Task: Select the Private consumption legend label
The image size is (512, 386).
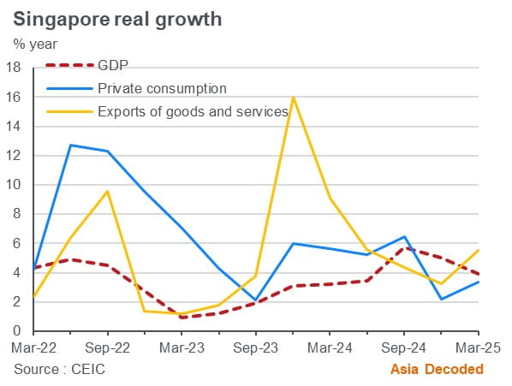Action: [x=161, y=88]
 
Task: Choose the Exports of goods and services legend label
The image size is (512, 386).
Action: [x=191, y=110]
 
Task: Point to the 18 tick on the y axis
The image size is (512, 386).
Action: [x=15, y=68]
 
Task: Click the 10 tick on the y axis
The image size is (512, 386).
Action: [x=15, y=185]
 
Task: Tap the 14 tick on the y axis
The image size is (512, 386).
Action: [x=15, y=127]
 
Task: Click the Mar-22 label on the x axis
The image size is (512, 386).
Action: [x=33, y=349]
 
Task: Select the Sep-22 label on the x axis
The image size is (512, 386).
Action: [x=107, y=349]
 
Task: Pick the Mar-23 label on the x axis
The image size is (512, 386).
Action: [x=182, y=349]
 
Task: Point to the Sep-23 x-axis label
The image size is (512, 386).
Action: [x=255, y=349]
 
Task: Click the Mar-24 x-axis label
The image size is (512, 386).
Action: [x=330, y=349]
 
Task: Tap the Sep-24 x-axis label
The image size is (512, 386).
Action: [x=404, y=349]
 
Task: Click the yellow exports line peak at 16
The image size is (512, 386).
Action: [x=293, y=98]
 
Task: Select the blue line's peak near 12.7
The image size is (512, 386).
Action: [x=70, y=145]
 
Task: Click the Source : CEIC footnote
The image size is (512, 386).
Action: [x=61, y=369]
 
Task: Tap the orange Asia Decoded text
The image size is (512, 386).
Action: [x=437, y=369]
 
